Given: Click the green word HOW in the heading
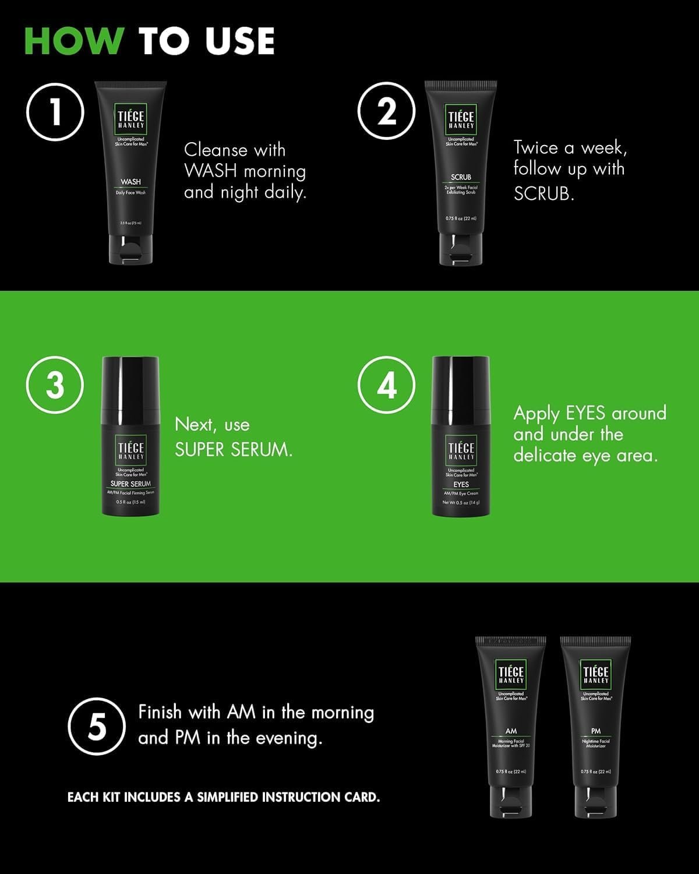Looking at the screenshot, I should coord(73,41).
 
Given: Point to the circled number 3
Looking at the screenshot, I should coord(55,385).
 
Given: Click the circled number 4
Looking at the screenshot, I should coord(386,385).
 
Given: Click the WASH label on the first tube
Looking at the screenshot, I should coord(130,182).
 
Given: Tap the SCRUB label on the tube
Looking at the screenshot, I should coord(461,177).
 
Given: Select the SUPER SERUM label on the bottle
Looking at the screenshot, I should coord(130,484).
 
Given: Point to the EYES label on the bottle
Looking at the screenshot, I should coord(461,484).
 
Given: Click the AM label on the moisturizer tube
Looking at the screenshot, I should coord(511,731).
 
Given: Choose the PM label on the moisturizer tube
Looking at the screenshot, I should coord(595,731).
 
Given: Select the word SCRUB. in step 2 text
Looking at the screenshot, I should coord(543,193).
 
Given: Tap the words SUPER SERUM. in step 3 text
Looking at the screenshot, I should coord(234,450).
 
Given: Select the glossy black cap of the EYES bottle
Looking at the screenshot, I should coord(461,385).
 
